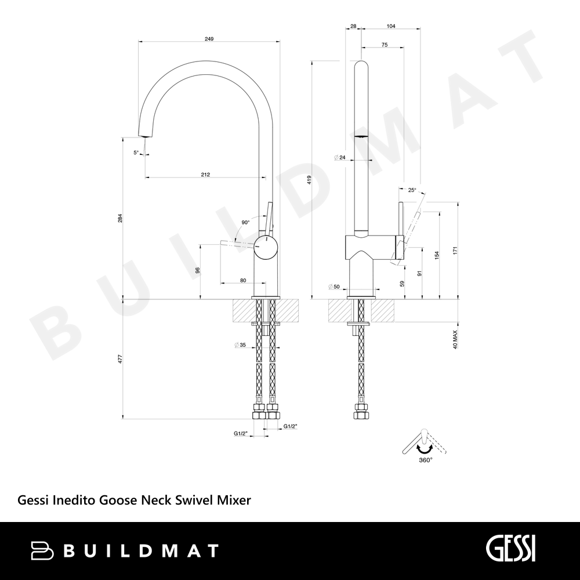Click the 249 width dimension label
coord(209,39)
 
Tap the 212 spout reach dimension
coord(206,175)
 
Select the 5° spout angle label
coord(136,152)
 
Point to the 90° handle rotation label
coord(245,222)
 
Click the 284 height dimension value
coord(120,218)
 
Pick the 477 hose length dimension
coord(120,359)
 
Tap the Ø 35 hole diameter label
coord(240,345)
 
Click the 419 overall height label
coord(309,180)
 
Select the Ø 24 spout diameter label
coord(339,158)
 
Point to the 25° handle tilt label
coord(412,190)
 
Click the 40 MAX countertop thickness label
coord(455,339)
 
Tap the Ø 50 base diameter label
coord(333,287)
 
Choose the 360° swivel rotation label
coord(426,460)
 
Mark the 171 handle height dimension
coord(455,250)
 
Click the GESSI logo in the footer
coord(510,550)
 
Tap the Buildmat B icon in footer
coord(42,550)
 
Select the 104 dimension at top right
coord(391,26)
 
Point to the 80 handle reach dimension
coord(243,280)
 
